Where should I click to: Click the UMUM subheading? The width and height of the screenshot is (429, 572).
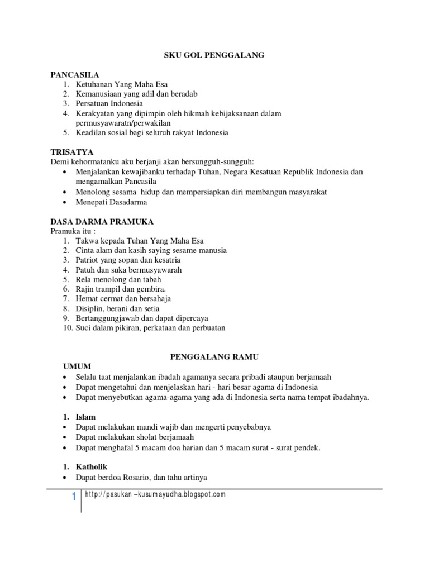(75, 366)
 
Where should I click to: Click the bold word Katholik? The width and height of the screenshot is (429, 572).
(92, 466)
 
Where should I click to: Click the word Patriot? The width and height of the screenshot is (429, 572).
(88, 260)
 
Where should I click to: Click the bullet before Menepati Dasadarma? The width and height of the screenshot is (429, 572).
(66, 202)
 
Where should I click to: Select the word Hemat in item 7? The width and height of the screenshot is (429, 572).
(87, 299)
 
